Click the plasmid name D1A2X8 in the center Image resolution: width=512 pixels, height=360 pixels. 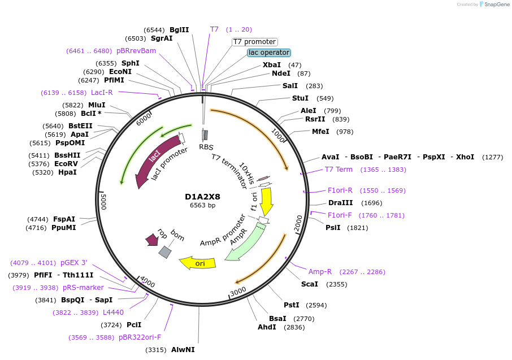click(x=202, y=197)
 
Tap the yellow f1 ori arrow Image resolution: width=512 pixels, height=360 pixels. click(x=266, y=201)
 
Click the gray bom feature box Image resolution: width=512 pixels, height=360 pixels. click(x=165, y=252)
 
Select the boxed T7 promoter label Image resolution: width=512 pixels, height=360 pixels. click(x=255, y=42)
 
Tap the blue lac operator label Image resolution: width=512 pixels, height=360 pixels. click(x=269, y=53)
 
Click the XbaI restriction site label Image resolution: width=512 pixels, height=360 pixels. click(x=272, y=65)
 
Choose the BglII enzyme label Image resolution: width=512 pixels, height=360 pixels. click(x=179, y=30)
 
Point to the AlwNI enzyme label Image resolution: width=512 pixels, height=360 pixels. click(x=183, y=350)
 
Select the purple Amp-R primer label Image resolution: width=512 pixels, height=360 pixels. click(x=320, y=272)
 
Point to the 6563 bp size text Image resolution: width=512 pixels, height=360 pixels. click(x=202, y=205)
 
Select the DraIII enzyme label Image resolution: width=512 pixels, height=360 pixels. click(x=340, y=203)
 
